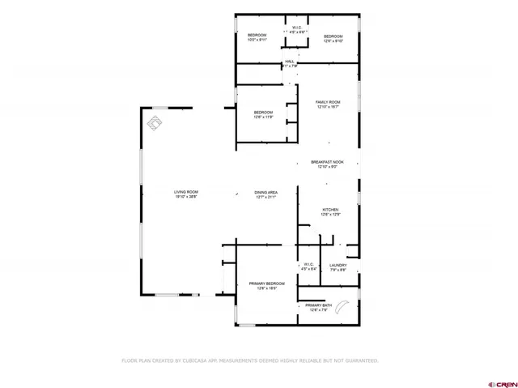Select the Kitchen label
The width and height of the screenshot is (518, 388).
329,209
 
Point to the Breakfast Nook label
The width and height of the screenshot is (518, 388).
329,162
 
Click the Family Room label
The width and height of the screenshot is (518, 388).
329,101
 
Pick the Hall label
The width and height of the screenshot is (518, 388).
289,62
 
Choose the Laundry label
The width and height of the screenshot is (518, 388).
338,265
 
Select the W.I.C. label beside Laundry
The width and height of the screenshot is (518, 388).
308,265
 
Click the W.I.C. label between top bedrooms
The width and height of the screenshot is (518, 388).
297,28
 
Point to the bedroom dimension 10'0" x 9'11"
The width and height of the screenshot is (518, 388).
257,41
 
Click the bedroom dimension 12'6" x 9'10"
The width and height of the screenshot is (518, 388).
333,41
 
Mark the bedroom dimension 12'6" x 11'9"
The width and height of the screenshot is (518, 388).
264,117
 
